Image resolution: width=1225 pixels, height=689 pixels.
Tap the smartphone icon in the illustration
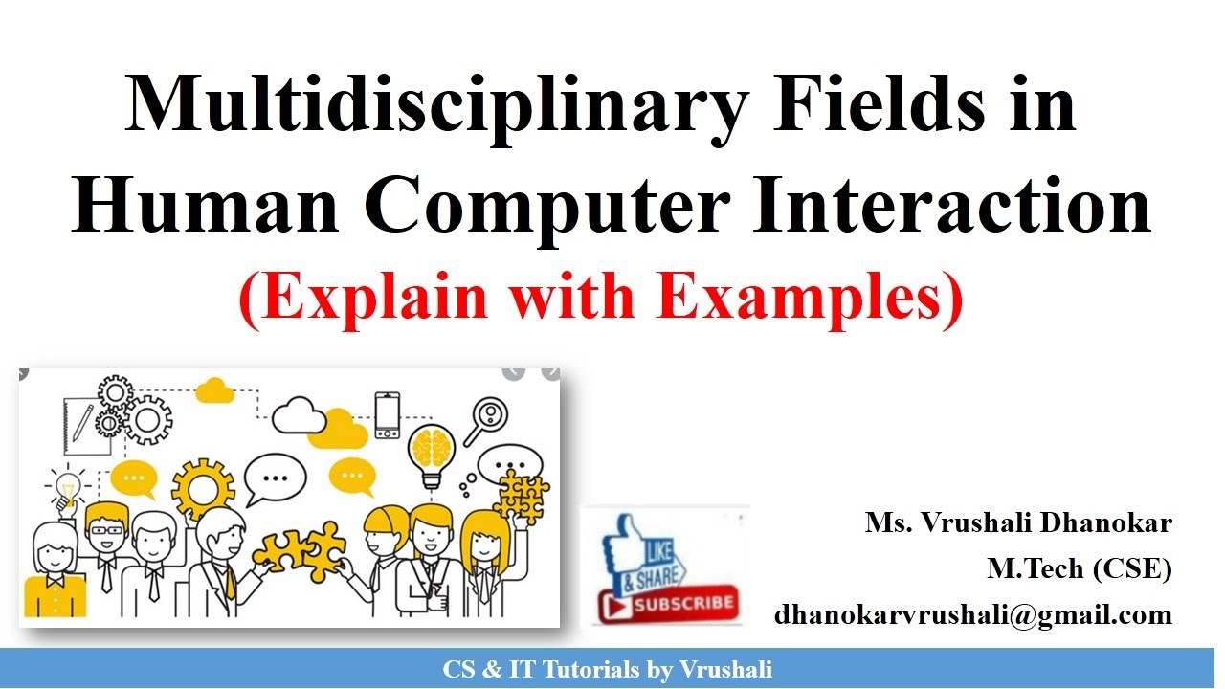(388, 414)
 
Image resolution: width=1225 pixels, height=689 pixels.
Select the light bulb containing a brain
(430, 451)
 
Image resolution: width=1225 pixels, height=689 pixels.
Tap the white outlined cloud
(300, 416)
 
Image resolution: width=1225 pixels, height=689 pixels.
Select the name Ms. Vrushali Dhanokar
(1018, 523)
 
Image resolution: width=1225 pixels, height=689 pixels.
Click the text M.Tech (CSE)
(1080, 568)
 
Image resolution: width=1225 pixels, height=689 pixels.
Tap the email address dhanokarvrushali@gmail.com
(973, 614)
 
